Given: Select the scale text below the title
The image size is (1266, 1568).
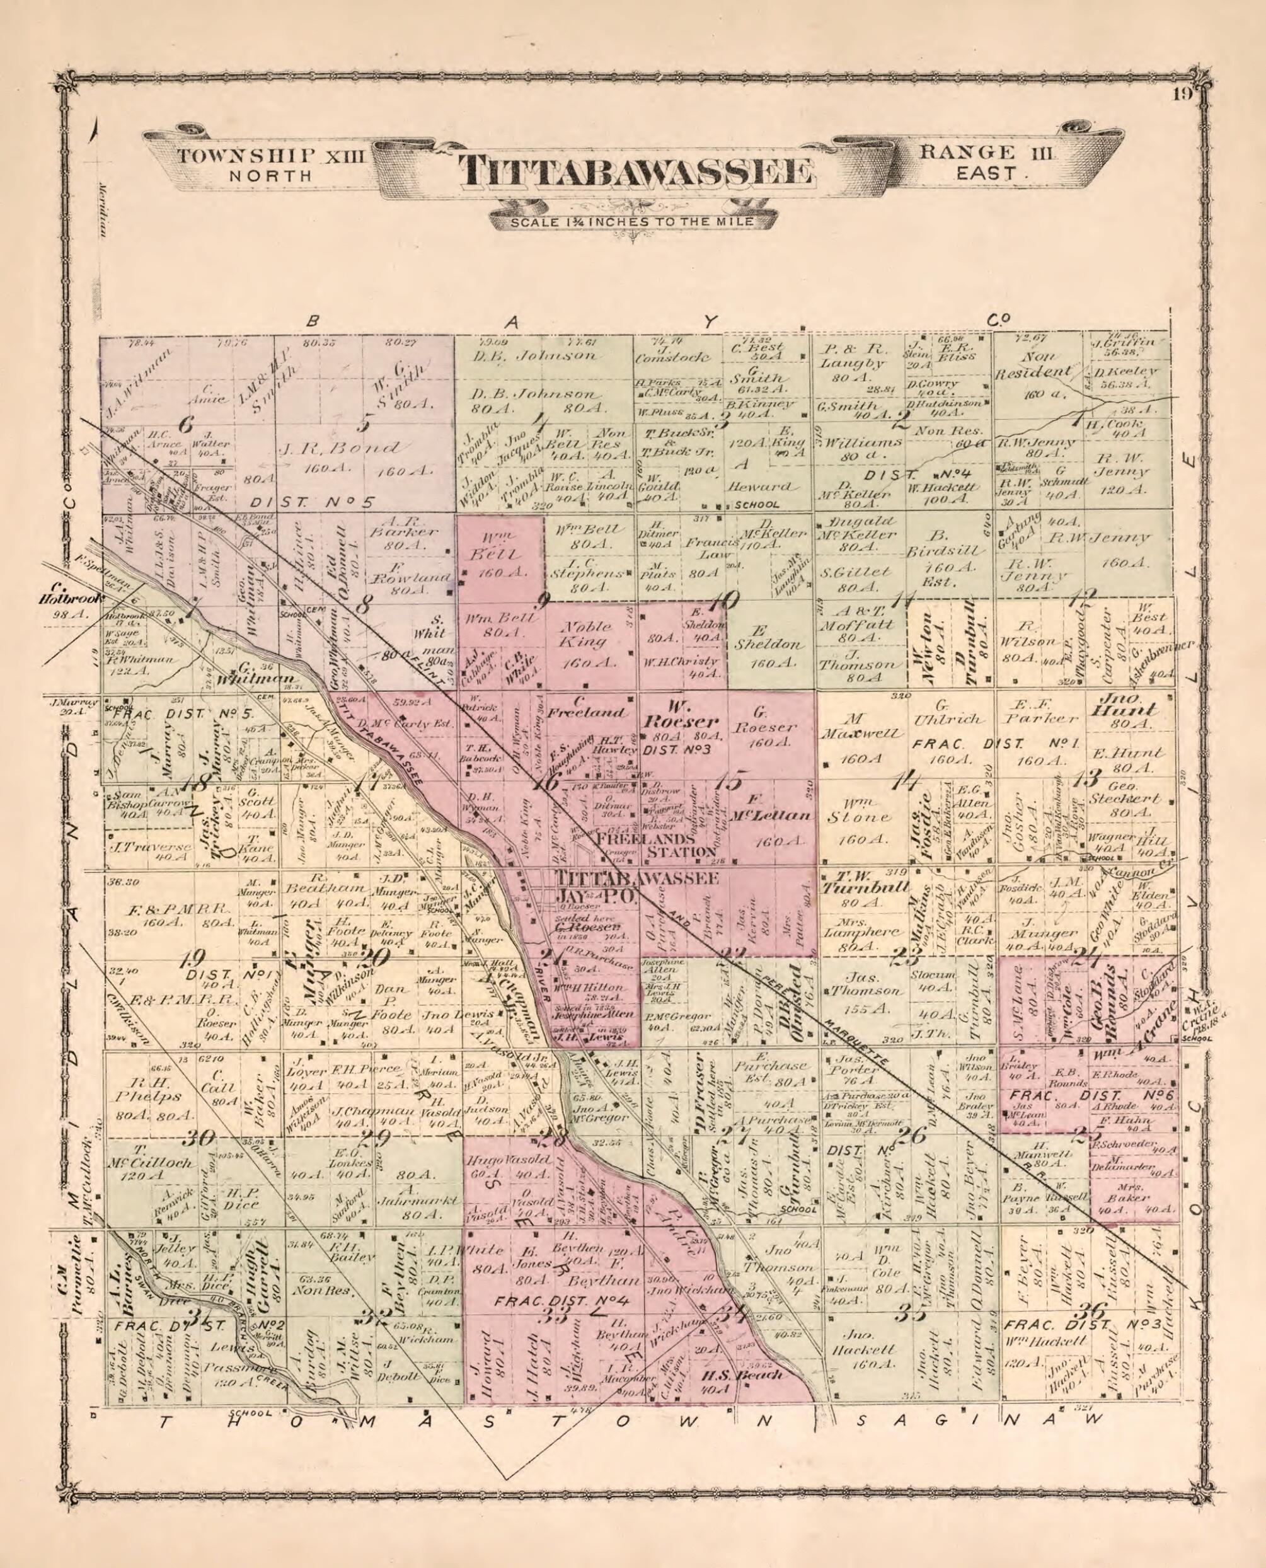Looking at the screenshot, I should point(622,222).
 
